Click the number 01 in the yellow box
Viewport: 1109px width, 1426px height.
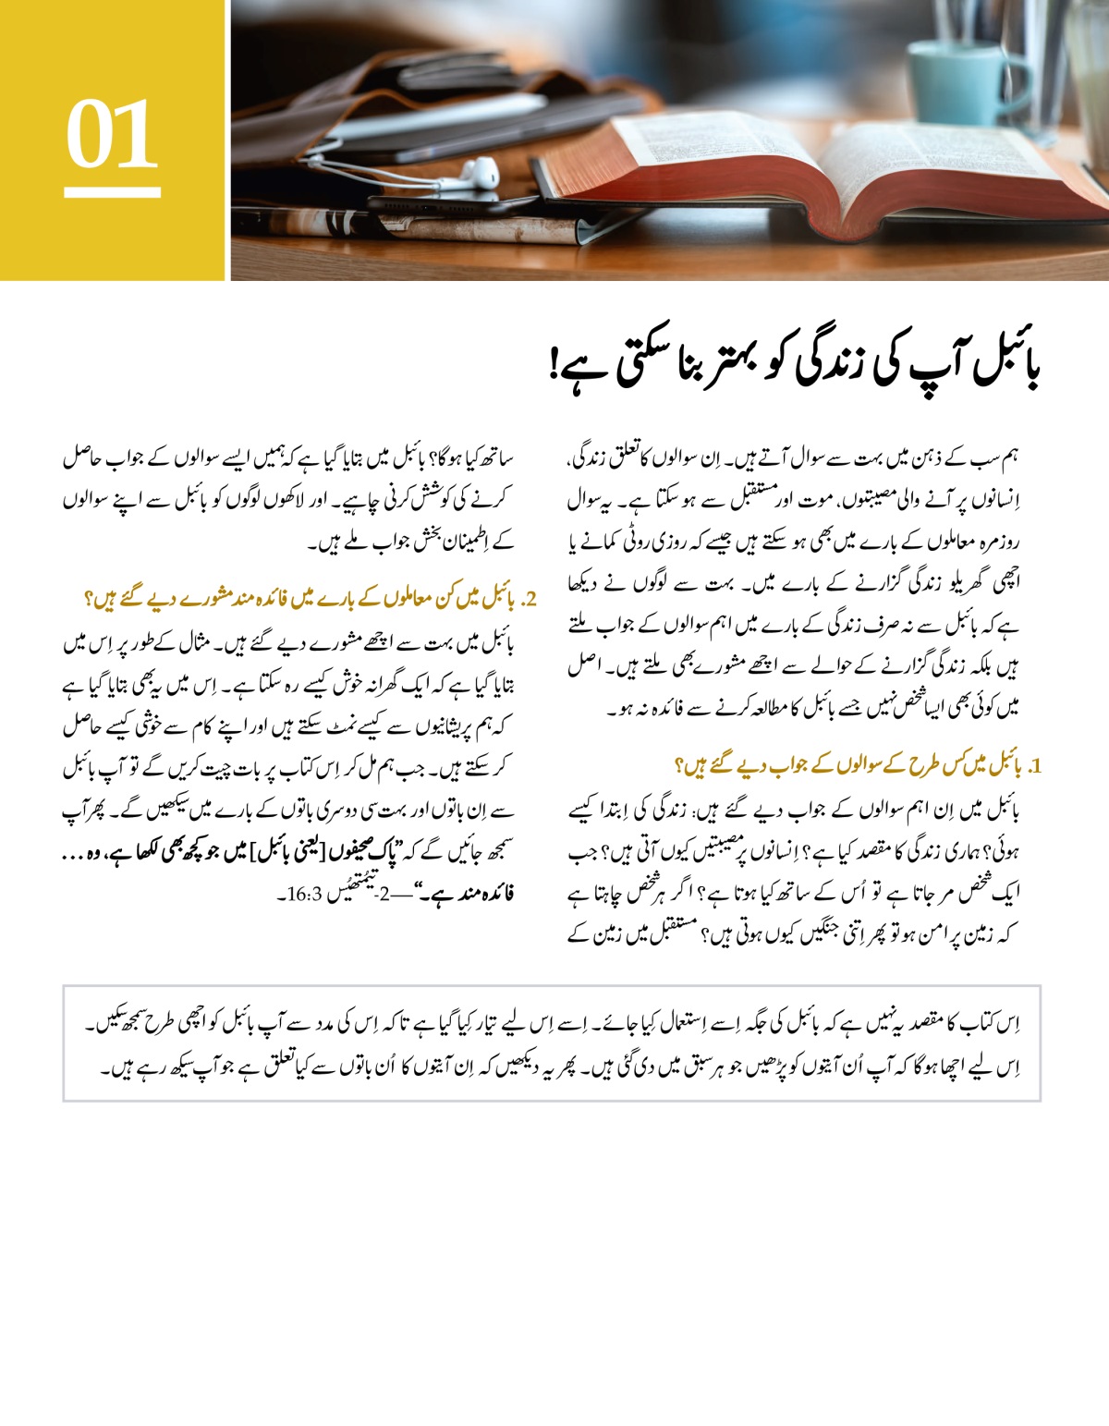112,135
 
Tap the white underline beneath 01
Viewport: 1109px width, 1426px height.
112,192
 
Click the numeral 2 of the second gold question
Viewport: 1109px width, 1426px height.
530,599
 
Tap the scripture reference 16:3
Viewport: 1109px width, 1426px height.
304,895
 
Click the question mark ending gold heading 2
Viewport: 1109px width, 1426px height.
90,599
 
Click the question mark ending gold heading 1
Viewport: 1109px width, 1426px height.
681,766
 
